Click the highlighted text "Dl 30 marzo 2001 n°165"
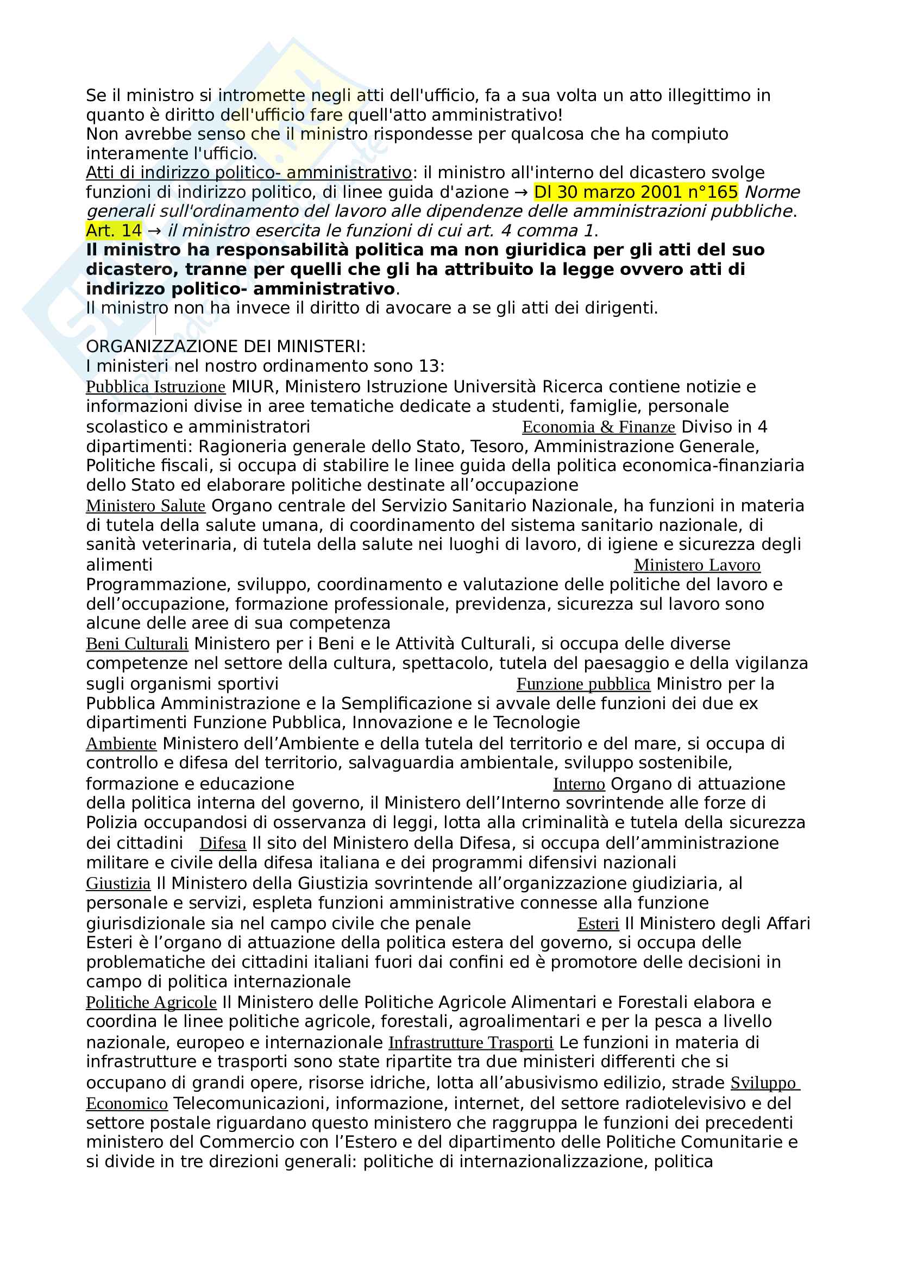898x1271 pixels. point(635,192)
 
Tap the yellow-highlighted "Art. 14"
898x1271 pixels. point(114,230)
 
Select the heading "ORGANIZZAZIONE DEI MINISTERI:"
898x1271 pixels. point(226,347)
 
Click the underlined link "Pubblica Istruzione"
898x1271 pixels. point(155,386)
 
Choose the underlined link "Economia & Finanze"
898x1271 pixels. point(599,427)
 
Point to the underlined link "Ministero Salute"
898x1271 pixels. point(146,505)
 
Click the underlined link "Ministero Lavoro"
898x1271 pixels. point(697,565)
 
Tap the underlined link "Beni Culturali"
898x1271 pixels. point(137,643)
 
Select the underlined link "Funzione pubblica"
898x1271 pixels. point(583,684)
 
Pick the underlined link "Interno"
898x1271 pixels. point(579,784)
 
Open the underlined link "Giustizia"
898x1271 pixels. point(118,883)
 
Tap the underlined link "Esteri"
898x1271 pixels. point(598,923)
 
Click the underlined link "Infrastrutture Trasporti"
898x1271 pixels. point(471,1042)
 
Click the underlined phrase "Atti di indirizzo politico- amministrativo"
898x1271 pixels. point(248,173)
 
